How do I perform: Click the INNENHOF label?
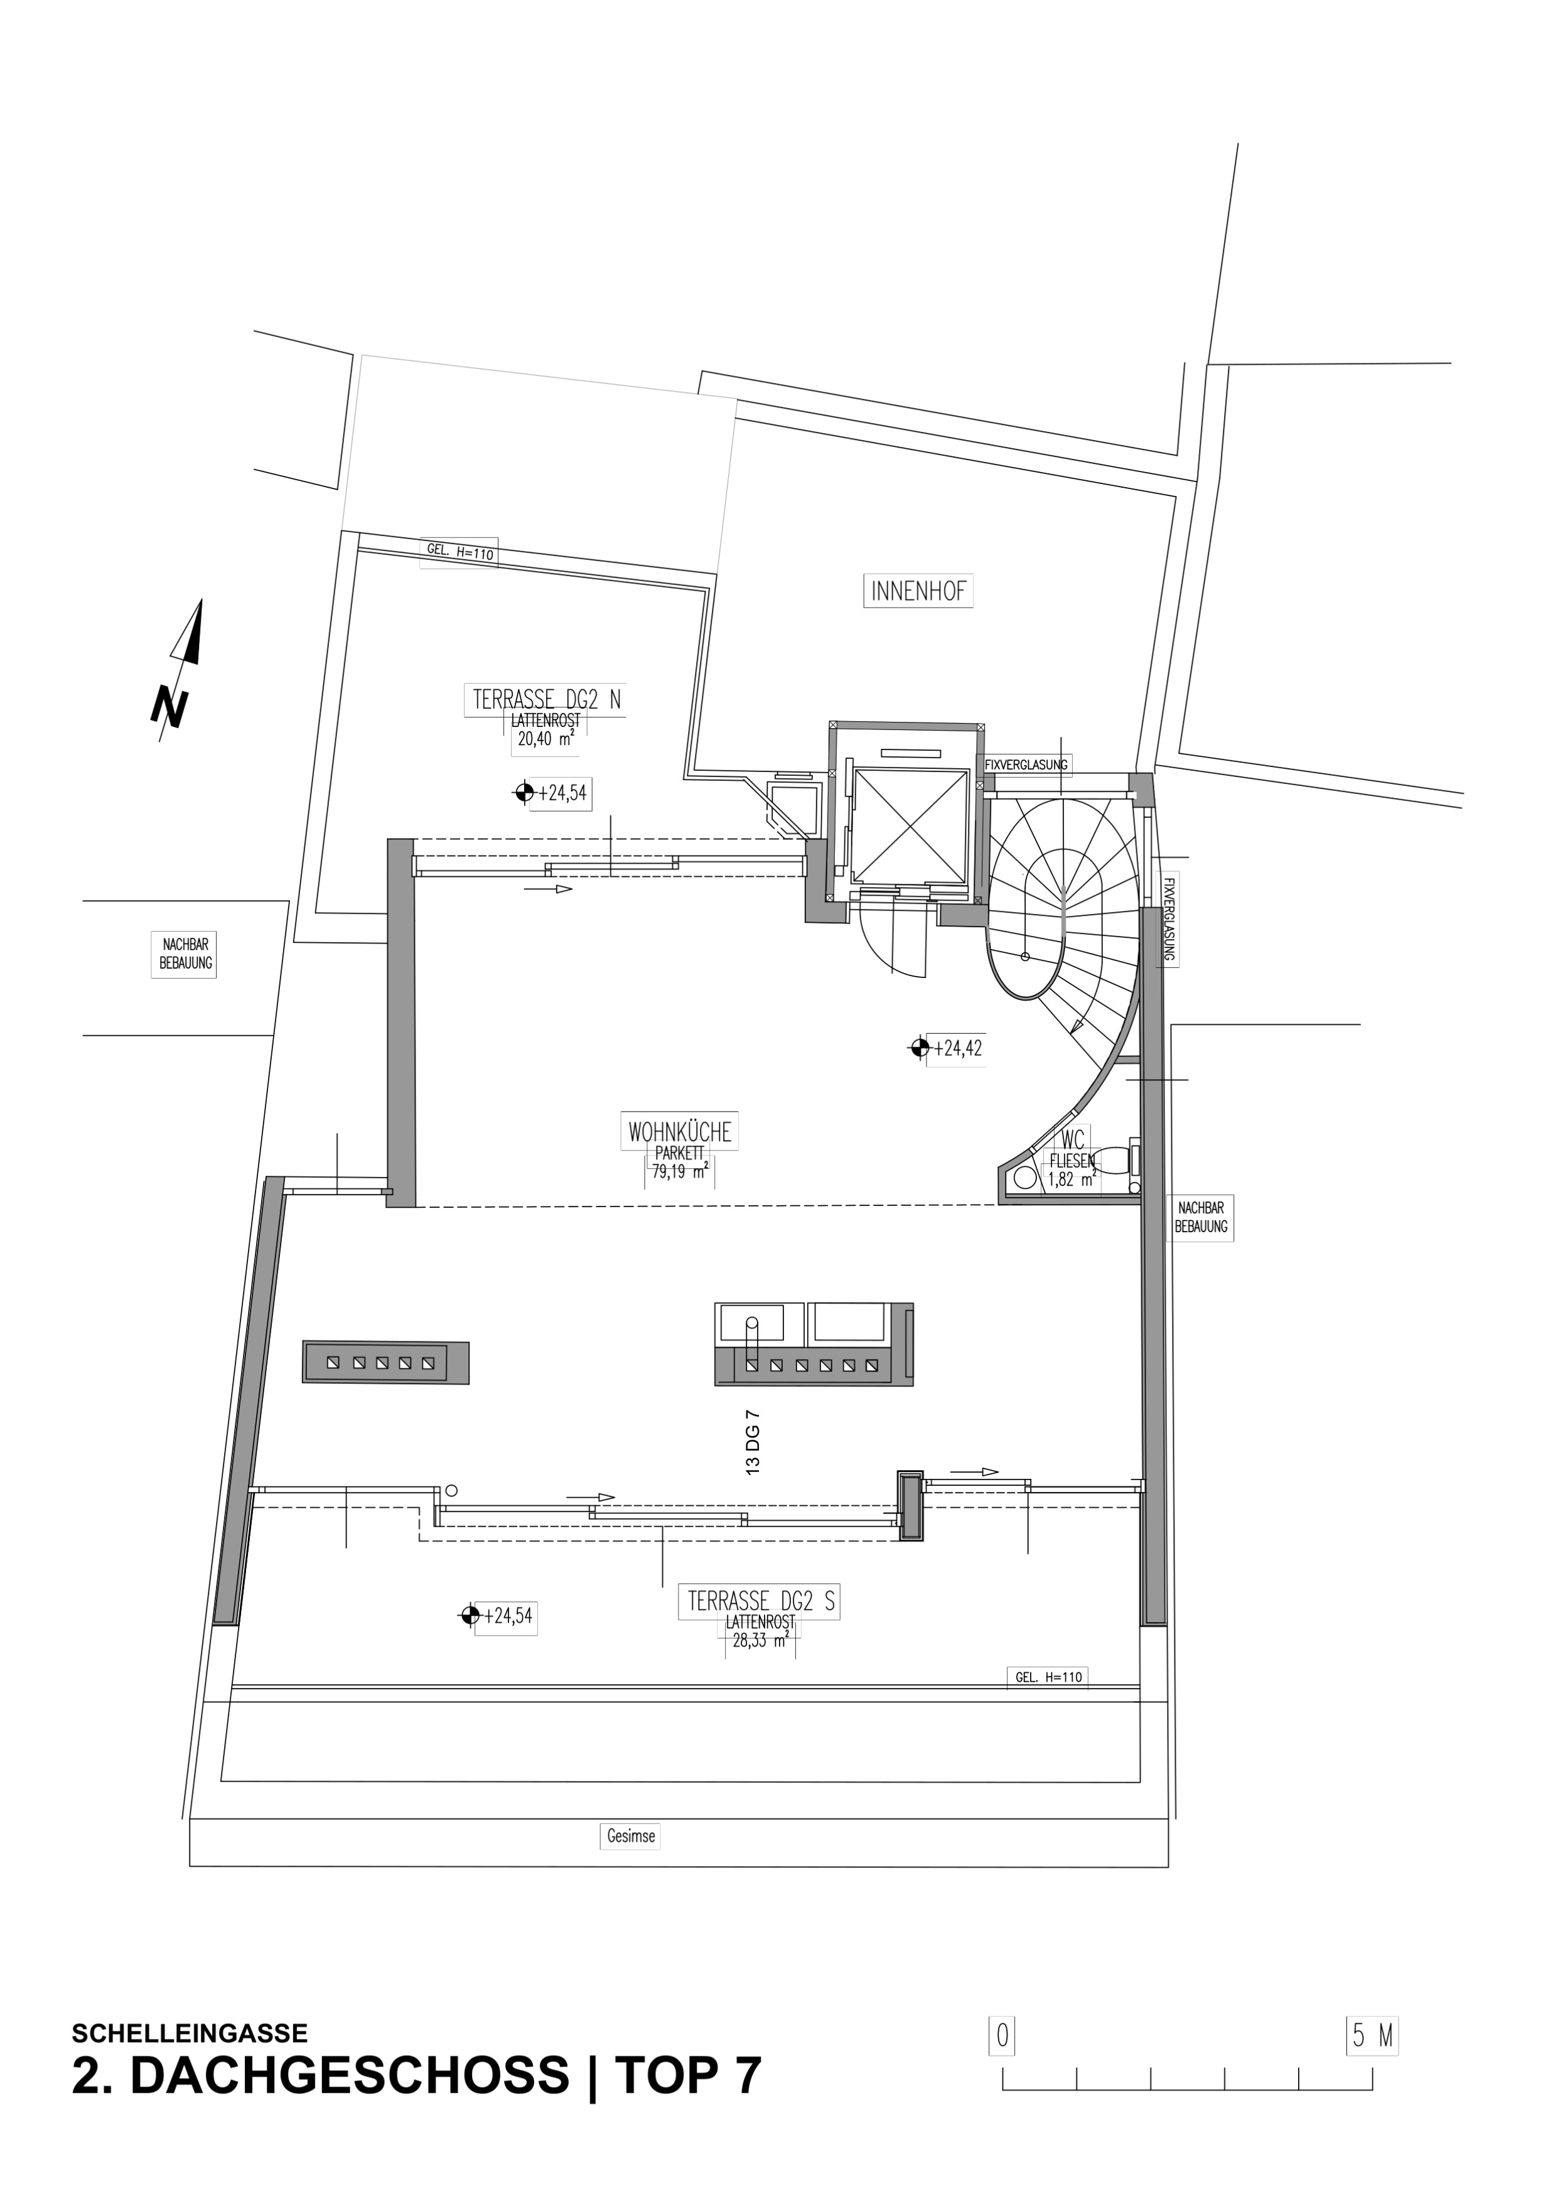[x=918, y=591]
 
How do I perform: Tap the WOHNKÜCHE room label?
[x=679, y=1132]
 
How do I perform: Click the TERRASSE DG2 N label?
[x=546, y=699]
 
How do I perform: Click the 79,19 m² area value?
[x=679, y=1171]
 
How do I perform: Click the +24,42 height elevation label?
[x=958, y=1048]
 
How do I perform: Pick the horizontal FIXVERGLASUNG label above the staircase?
[x=1026, y=765]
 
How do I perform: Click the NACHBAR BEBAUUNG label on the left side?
[x=185, y=954]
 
